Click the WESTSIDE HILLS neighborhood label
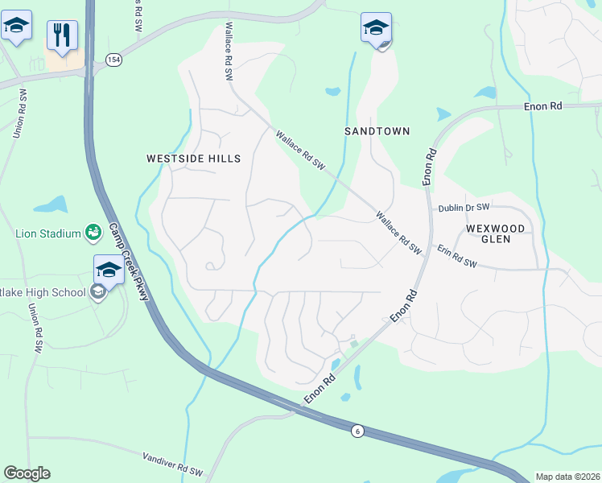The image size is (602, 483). (193, 159)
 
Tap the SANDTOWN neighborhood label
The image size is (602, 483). (377, 130)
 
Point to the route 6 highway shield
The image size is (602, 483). (357, 431)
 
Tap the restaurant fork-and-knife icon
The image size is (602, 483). (62, 35)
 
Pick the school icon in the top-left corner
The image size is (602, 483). (17, 24)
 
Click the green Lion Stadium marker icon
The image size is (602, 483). (93, 233)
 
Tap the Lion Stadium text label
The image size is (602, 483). (48, 234)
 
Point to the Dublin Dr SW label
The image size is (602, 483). (464, 208)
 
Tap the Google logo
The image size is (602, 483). (27, 473)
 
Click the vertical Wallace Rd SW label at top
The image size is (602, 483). (229, 51)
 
